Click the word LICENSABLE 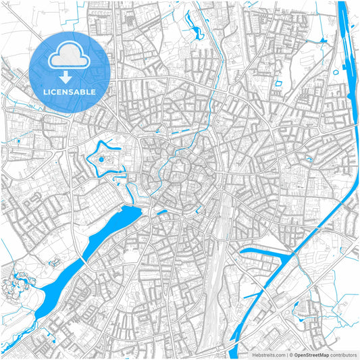[69, 92]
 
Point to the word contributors [342, 354]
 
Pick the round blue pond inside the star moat [102, 160]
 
